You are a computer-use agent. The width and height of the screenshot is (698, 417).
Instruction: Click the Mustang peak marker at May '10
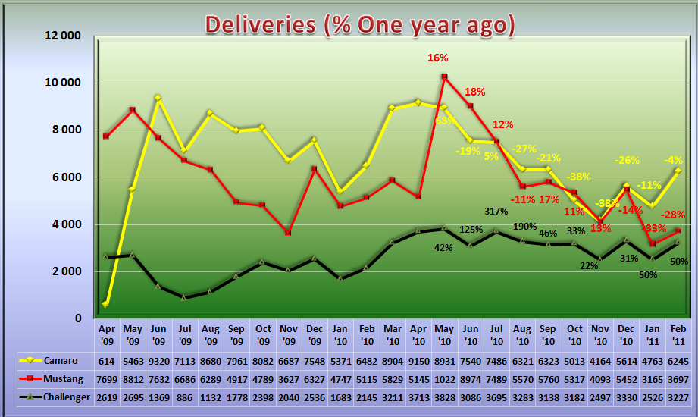tap(444, 77)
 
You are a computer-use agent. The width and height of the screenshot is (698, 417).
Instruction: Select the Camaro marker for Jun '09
tap(158, 98)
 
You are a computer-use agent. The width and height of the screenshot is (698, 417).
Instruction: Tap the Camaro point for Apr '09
tap(106, 304)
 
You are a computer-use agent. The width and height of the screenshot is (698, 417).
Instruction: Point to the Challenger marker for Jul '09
tap(183, 297)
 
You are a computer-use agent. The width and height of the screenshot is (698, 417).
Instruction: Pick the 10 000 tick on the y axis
tap(63, 83)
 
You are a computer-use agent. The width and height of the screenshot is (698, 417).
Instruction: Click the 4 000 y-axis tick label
tap(65, 224)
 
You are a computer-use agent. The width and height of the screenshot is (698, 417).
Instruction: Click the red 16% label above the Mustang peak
tap(438, 58)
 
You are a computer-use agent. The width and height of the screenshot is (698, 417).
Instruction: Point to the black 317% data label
tap(496, 211)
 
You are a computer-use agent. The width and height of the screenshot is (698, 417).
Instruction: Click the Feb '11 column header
tap(678, 335)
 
